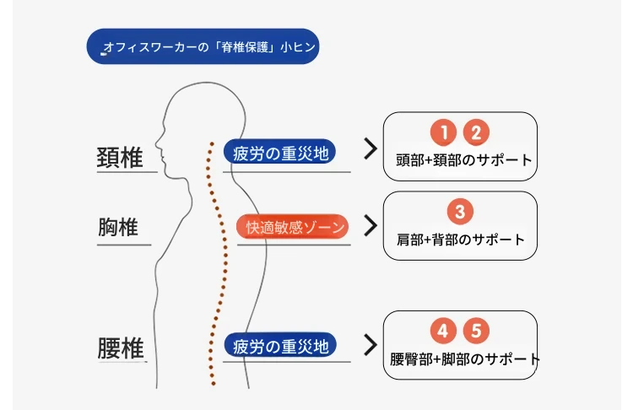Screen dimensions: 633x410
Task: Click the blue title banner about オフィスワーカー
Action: click(203, 46)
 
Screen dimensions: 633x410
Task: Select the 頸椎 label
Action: click(120, 158)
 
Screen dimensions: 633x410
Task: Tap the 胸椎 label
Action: click(118, 227)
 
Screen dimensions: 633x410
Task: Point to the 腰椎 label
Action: click(121, 348)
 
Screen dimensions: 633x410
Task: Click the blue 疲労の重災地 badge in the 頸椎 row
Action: click(279, 152)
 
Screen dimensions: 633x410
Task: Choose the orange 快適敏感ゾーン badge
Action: click(293, 226)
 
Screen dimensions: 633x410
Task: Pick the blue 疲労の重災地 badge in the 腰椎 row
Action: click(280, 345)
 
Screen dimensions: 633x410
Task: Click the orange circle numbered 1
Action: click(443, 132)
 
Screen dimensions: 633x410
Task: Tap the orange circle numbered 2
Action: click(476, 132)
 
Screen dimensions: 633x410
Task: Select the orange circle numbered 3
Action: click(460, 211)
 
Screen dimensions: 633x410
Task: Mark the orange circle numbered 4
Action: click(443, 331)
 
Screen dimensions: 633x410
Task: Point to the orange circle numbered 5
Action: click(476, 331)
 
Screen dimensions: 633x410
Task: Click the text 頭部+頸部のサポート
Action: click(464, 160)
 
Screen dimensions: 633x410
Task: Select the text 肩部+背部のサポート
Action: click(461, 240)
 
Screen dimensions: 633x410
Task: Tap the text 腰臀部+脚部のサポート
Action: click(465, 359)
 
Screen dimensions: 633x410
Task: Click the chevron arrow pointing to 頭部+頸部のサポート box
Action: click(371, 149)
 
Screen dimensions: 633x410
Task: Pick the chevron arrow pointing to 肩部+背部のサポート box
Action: click(371, 225)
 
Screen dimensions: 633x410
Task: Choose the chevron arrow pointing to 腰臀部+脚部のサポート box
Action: click(371, 345)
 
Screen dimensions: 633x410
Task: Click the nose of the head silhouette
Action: click(157, 142)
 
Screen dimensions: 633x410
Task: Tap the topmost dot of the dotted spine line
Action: click(212, 143)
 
